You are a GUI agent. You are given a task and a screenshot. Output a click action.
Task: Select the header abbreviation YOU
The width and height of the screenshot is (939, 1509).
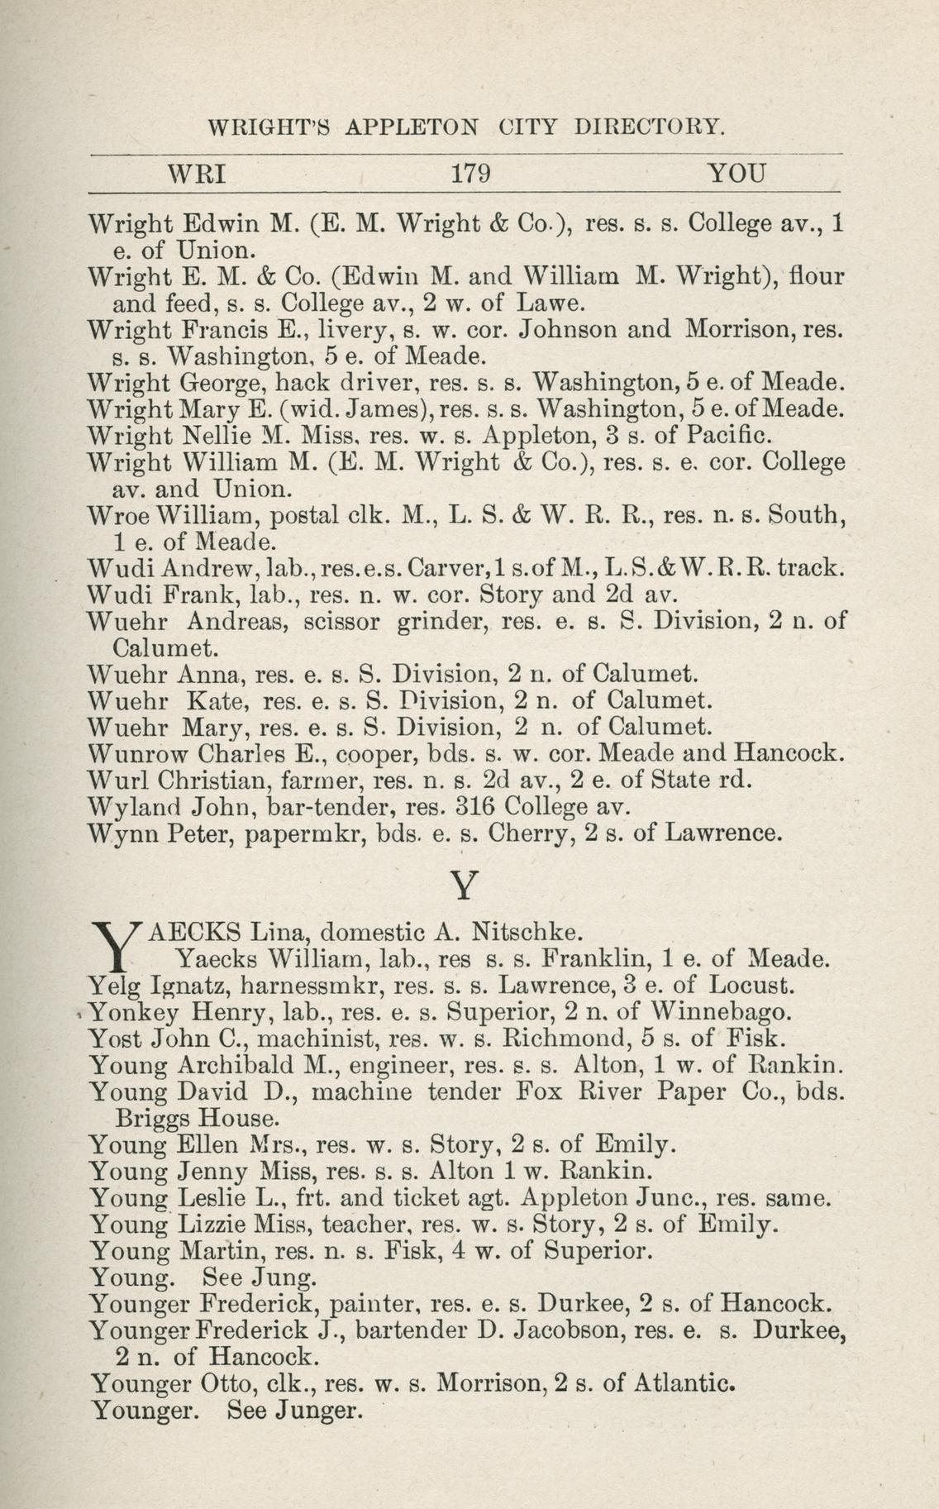[737, 174]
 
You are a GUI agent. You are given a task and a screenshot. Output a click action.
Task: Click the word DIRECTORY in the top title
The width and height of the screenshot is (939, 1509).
[651, 127]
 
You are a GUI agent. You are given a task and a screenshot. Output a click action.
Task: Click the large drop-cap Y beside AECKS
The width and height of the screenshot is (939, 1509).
[117, 945]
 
